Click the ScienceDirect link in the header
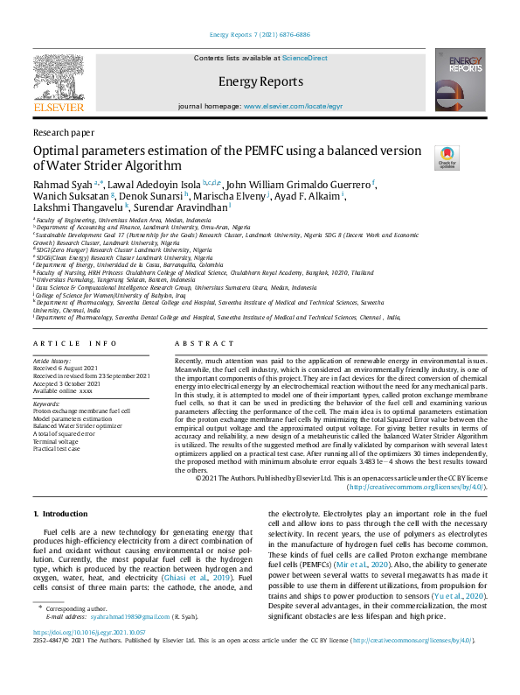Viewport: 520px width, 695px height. point(304,57)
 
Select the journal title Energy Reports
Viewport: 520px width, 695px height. point(260,82)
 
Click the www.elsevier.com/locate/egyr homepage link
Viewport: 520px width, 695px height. point(293,106)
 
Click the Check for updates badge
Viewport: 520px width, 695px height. point(447,158)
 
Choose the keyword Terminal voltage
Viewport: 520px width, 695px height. point(56,442)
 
